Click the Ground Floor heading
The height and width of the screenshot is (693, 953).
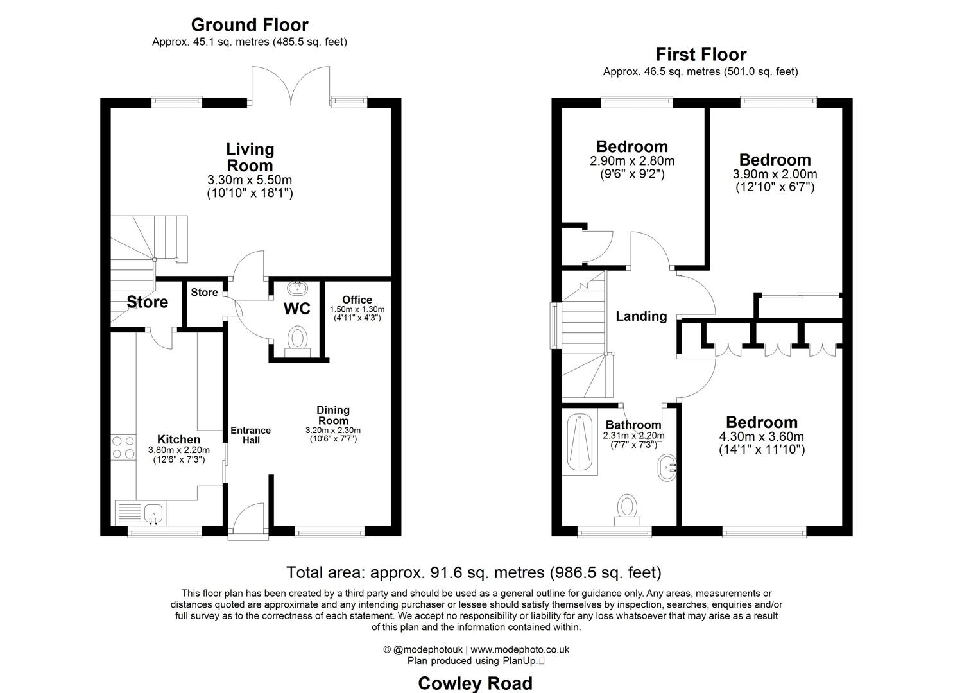click(x=250, y=25)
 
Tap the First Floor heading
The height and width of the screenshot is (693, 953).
click(x=700, y=55)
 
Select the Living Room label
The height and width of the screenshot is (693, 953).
click(x=250, y=157)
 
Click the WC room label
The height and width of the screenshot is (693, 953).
click(x=297, y=309)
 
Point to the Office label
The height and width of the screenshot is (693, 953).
click(x=357, y=300)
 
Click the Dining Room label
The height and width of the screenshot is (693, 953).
click(x=333, y=415)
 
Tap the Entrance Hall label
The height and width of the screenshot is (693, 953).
click(x=251, y=435)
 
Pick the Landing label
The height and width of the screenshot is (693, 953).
click(x=641, y=316)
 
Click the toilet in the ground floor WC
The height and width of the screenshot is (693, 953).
click(x=297, y=340)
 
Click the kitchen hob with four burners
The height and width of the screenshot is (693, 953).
click(x=124, y=447)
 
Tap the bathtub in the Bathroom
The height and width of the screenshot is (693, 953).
click(x=580, y=443)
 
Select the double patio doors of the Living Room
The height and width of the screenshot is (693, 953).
click(x=291, y=86)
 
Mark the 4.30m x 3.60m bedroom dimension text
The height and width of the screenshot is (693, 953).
click(x=762, y=437)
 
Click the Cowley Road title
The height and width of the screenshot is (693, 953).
click(x=475, y=683)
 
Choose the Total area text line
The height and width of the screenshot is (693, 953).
click(x=474, y=572)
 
